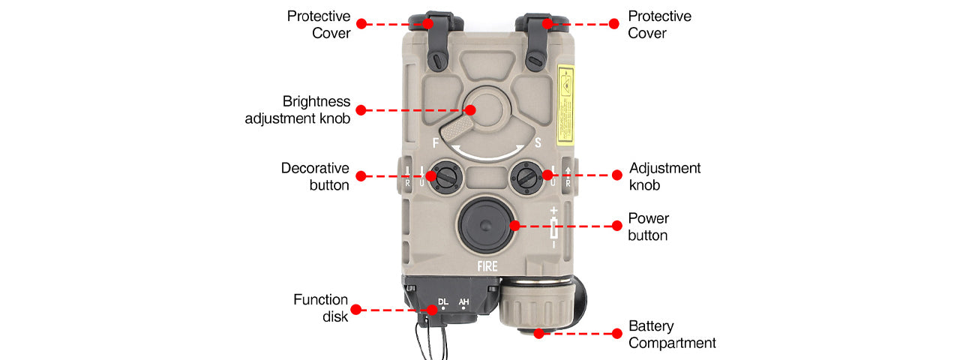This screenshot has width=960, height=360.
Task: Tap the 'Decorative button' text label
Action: point(315,176)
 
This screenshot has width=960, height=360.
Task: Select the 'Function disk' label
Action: point(320,308)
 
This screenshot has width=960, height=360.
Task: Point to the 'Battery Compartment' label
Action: point(672,334)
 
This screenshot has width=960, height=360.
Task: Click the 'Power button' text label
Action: point(649,226)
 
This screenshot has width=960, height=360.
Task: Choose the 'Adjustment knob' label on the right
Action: point(664,176)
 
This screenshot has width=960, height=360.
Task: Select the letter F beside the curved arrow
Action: point(436,142)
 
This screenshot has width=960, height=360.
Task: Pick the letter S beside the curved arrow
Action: point(538,142)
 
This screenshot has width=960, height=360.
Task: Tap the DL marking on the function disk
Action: point(442,300)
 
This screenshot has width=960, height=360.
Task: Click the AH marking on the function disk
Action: point(463,300)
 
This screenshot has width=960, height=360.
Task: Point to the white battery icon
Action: point(553,228)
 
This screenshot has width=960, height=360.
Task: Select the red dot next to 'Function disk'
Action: point(355,309)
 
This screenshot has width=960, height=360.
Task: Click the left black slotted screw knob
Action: point(445,178)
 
